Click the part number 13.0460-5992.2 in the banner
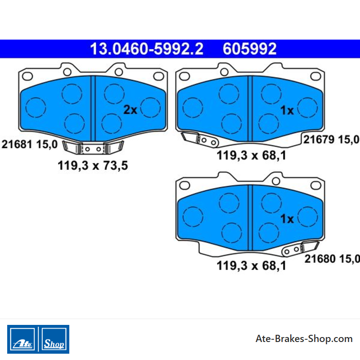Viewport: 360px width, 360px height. pos(147,49)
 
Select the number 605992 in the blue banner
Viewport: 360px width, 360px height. pos(250,49)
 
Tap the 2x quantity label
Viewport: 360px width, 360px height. pos(130,110)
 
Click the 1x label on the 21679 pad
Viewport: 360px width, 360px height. pos(287,110)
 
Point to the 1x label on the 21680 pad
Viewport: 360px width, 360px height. pos(287,219)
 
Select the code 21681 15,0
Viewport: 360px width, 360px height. pos(30,144)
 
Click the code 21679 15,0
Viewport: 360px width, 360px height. pos(331,139)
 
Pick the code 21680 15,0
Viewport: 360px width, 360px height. pos(332,259)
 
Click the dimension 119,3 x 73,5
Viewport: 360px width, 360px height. pos(93,166)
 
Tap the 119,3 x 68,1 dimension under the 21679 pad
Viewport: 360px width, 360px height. pos(252,155)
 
